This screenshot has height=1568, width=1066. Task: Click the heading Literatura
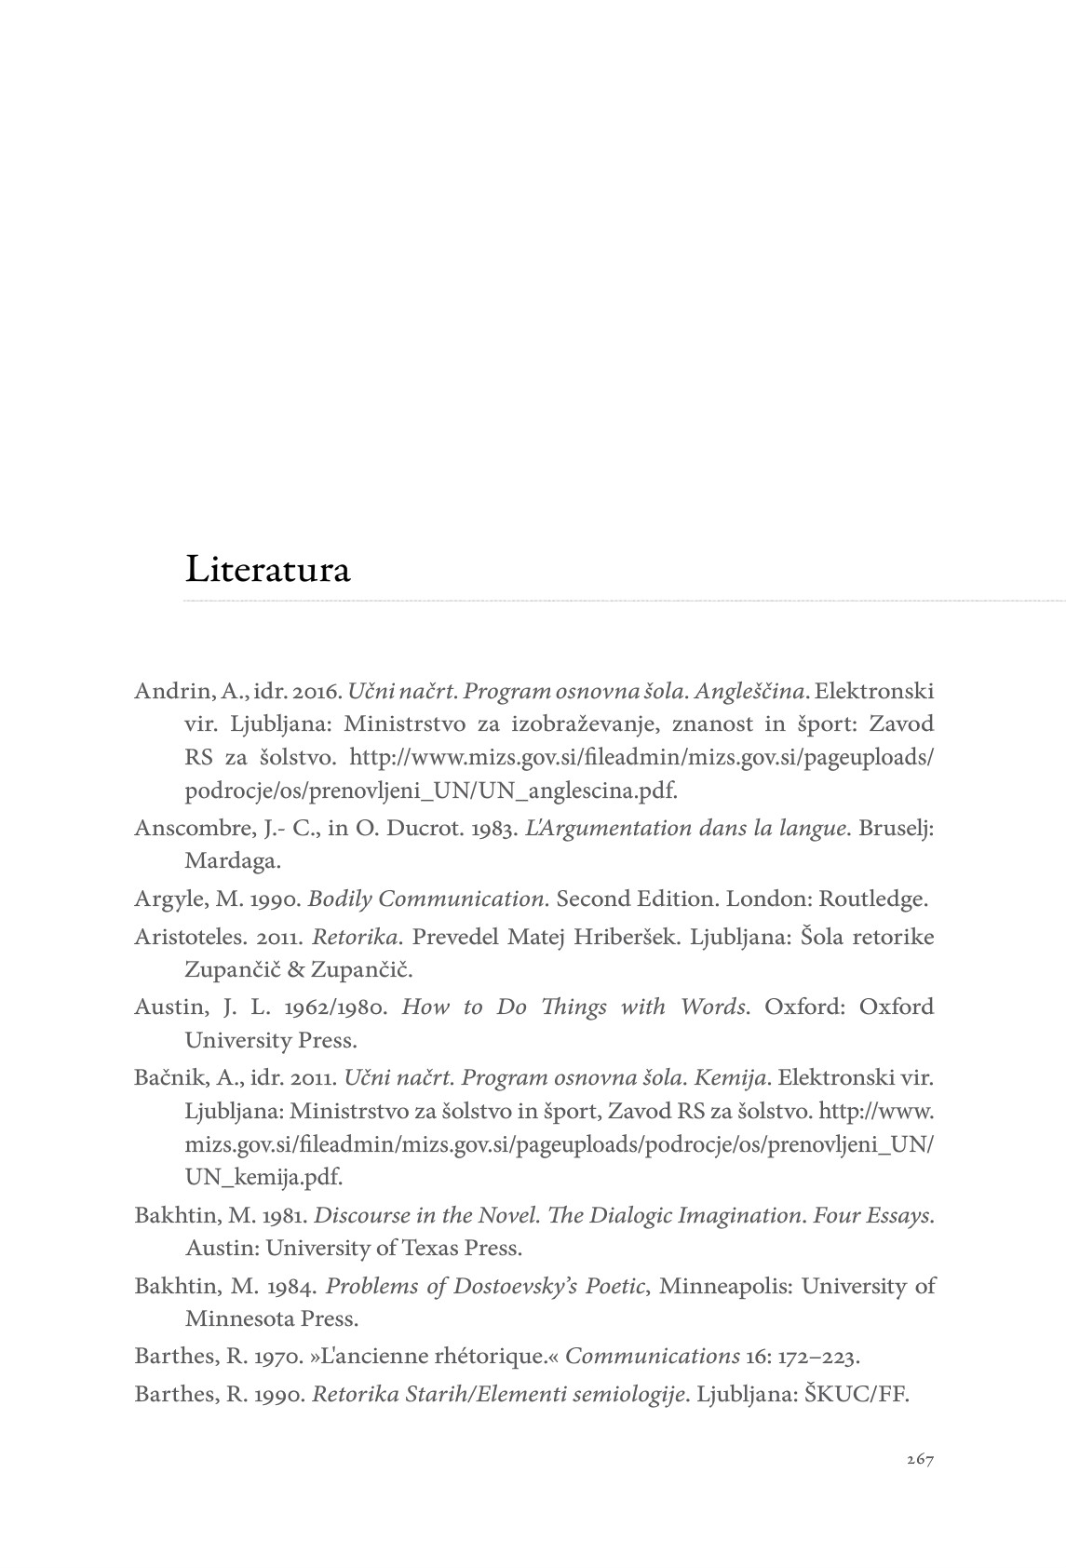tap(267, 569)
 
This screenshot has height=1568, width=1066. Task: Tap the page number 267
tap(919, 1459)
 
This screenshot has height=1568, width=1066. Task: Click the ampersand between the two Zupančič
tap(296, 969)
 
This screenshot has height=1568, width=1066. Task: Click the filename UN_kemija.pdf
tap(263, 1177)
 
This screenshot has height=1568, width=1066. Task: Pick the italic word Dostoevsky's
tap(517, 1286)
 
